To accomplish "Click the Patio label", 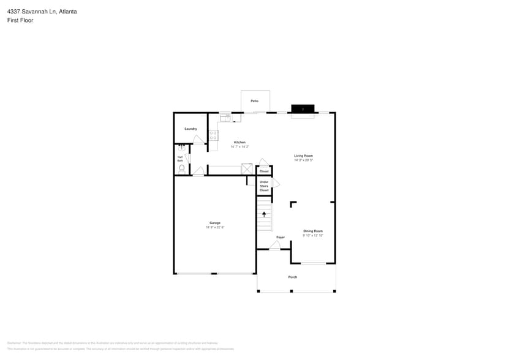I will (254, 101).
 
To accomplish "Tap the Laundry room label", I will (190, 129).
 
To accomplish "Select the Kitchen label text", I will (239, 142).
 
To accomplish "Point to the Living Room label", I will (303, 156).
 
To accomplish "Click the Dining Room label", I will (312, 231).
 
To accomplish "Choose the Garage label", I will (214, 223).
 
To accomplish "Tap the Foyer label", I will (281, 237).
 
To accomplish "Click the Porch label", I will (293, 277).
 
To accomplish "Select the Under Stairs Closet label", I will (264, 186).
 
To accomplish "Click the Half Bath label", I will (180, 159).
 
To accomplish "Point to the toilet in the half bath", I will (182, 168).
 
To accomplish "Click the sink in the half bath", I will (181, 148).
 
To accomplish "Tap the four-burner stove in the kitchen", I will (213, 136).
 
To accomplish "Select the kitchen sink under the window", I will (225, 116).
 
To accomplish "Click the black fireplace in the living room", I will (303, 108).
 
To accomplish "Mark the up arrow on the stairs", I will (264, 214).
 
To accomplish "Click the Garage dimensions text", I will (214, 227).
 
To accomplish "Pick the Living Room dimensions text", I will (303, 160).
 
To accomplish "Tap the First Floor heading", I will (20, 20).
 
